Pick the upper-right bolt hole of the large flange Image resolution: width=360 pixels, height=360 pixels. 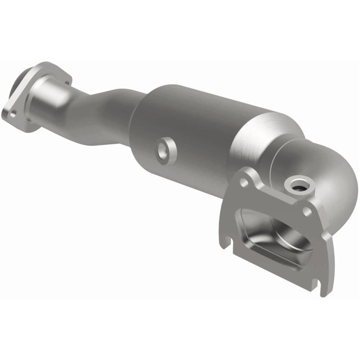pos(307,210)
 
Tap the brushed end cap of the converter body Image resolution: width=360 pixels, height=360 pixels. pos(252,139)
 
